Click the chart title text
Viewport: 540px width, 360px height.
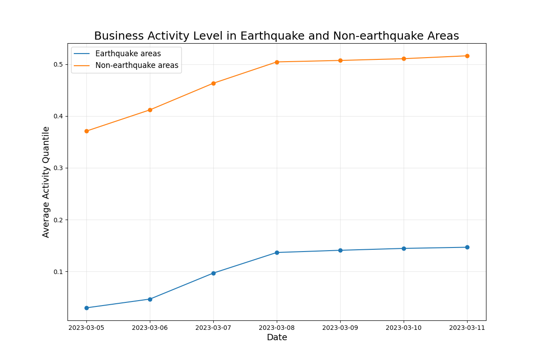tap(276, 36)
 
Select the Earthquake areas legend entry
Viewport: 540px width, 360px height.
tap(128, 54)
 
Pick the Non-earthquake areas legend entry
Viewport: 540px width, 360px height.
tap(136, 65)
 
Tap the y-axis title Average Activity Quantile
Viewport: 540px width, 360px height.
tap(46, 182)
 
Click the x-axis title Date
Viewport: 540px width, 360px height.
tap(277, 337)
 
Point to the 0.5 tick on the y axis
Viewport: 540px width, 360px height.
tap(58, 64)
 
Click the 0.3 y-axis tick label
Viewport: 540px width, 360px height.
tap(58, 168)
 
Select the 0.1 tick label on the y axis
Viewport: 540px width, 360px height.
tap(58, 272)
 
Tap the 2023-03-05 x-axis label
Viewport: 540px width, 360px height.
tap(86, 328)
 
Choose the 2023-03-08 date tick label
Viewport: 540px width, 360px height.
tap(277, 328)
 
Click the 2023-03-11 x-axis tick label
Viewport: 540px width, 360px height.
tap(467, 328)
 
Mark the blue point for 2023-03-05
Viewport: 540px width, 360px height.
tap(86, 308)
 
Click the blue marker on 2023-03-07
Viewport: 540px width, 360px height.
tap(213, 273)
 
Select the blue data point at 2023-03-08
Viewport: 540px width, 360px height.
tap(277, 252)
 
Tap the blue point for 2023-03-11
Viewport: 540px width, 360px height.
tap(467, 247)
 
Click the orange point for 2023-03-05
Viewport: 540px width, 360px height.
tap(86, 131)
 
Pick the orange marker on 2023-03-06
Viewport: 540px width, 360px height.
tap(150, 110)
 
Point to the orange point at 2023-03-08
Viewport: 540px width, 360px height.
tap(277, 62)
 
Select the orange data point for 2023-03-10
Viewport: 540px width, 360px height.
tap(404, 58)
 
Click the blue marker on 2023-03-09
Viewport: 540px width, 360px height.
tap(340, 250)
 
